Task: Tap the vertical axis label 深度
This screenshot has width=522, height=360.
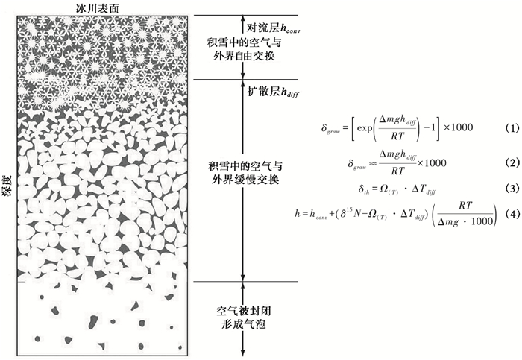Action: (x=7, y=177)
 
